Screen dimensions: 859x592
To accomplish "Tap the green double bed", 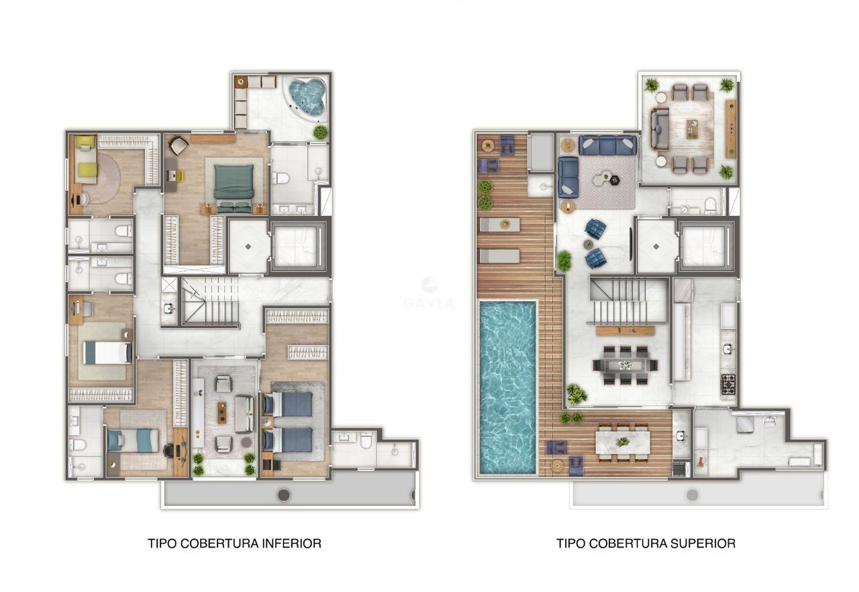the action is (234, 188).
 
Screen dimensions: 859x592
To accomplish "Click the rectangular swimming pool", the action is (508, 387).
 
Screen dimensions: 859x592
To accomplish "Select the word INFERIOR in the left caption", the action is (292, 543).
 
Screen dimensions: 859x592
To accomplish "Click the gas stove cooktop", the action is (729, 384).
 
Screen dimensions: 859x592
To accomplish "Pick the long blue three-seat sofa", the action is (607, 146).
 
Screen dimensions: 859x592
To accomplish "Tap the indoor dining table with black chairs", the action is (625, 364).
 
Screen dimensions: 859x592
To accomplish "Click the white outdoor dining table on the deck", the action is (623, 442).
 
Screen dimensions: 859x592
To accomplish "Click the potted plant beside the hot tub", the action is (321, 132).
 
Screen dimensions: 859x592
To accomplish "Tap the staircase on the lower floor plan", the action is (210, 301).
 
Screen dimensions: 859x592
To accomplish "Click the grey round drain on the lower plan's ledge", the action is (284, 495).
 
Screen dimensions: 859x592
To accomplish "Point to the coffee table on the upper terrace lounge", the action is (692, 128).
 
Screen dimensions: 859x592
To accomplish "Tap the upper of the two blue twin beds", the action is (288, 404).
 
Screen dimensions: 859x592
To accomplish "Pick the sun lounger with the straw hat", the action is (500, 224).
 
